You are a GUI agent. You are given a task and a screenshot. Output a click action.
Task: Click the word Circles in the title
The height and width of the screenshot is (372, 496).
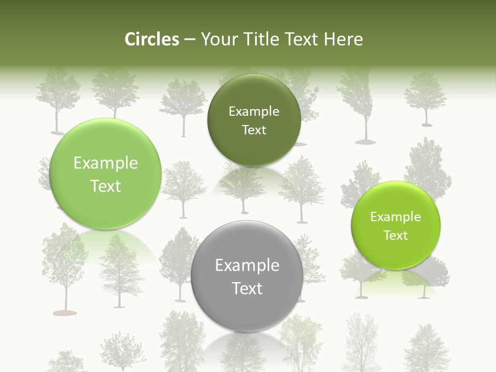(151, 39)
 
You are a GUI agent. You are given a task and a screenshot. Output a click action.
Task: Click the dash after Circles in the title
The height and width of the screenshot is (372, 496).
(189, 40)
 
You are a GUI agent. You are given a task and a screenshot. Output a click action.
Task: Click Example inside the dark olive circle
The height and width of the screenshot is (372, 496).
(254, 111)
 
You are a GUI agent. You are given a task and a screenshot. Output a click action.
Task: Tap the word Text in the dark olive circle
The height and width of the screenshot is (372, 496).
(254, 130)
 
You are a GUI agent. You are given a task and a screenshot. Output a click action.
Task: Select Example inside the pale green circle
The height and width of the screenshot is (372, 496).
(105, 163)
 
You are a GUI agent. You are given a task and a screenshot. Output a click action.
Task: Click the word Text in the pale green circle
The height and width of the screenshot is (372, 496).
(105, 186)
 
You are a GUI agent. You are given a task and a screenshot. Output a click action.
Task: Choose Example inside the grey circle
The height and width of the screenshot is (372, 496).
(247, 266)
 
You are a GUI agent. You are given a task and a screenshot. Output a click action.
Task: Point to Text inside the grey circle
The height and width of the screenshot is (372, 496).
(247, 288)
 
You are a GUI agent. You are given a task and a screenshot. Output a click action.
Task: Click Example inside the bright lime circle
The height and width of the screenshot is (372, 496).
(395, 217)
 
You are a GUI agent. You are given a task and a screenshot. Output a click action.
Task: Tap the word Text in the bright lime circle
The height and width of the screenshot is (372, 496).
(395, 236)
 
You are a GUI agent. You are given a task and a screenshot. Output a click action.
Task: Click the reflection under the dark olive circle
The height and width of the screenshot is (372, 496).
(253, 178)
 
